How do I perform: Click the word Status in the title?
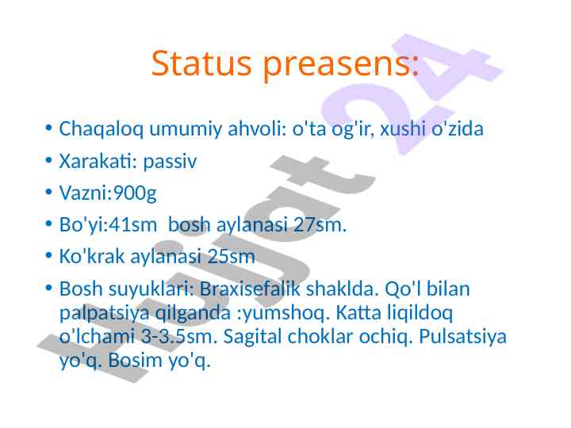(201, 63)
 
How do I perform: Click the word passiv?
(170, 162)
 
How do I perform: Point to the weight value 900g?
(135, 193)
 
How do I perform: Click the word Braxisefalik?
(250, 289)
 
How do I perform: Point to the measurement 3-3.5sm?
(178, 336)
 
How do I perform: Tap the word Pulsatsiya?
(462, 337)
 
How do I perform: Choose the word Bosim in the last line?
(135, 361)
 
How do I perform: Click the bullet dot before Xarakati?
(49, 160)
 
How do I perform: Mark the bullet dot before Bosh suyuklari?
(49, 289)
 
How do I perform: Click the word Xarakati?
(95, 161)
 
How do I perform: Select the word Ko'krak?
(92, 256)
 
